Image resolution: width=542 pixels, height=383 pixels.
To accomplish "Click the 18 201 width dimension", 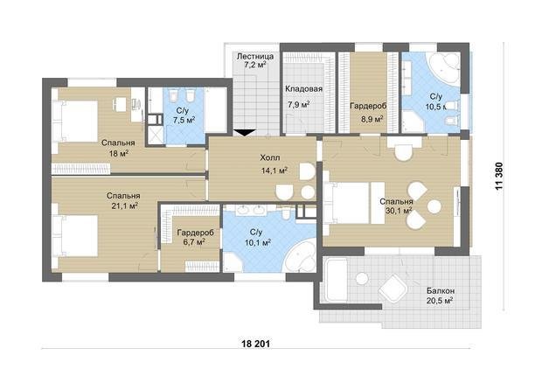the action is coord(256,344).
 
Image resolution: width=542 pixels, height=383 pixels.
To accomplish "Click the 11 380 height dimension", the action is coord(499,177).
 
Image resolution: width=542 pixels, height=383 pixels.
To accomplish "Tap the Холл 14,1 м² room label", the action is coord(273,164).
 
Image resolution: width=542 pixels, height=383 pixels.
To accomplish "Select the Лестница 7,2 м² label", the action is coord(255,60).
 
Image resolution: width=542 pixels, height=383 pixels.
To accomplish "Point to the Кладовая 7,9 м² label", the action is coord(302,96).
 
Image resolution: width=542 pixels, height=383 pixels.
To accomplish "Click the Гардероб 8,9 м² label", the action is coord(368,112).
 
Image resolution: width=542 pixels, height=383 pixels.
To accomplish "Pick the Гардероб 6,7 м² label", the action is coord(195,237).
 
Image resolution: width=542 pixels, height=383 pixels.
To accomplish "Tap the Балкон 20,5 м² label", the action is coord(440,296).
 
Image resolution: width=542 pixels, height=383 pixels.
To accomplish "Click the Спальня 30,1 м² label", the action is coord(396,206).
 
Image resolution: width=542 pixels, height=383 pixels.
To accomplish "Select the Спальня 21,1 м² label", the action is coord(123,201).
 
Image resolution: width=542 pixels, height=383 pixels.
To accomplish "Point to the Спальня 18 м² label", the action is coord(118,149).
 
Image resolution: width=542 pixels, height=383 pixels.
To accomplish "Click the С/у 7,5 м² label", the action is coord(184,115).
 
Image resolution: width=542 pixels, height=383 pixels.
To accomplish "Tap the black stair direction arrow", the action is coord(245,133).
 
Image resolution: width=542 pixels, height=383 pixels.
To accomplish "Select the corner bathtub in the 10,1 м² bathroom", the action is coord(300,256).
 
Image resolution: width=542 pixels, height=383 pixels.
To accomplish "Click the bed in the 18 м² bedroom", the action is coord(75,121).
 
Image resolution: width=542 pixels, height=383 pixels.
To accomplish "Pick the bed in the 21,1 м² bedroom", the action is coord(75,236).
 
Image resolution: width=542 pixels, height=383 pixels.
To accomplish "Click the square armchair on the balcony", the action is coord(393,289).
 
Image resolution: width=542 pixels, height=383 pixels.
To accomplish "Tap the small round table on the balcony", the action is coord(362,279).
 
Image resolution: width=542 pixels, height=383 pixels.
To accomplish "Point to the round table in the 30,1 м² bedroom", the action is coord(434,206).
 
